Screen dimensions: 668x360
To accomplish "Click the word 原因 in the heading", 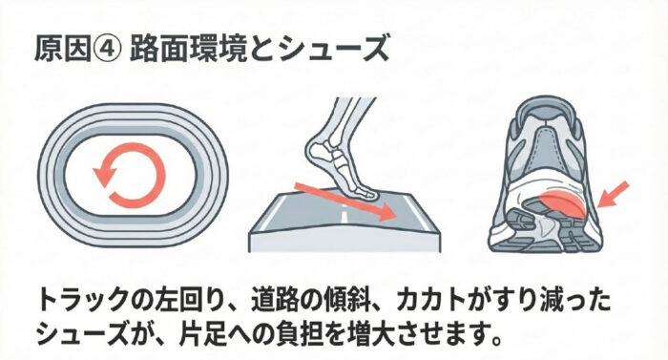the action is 63,50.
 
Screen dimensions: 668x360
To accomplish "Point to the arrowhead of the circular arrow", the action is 105,176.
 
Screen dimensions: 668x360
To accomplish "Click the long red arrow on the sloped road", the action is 345,201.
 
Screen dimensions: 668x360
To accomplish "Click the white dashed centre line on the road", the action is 344,213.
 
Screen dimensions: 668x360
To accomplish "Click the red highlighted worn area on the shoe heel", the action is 561,204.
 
